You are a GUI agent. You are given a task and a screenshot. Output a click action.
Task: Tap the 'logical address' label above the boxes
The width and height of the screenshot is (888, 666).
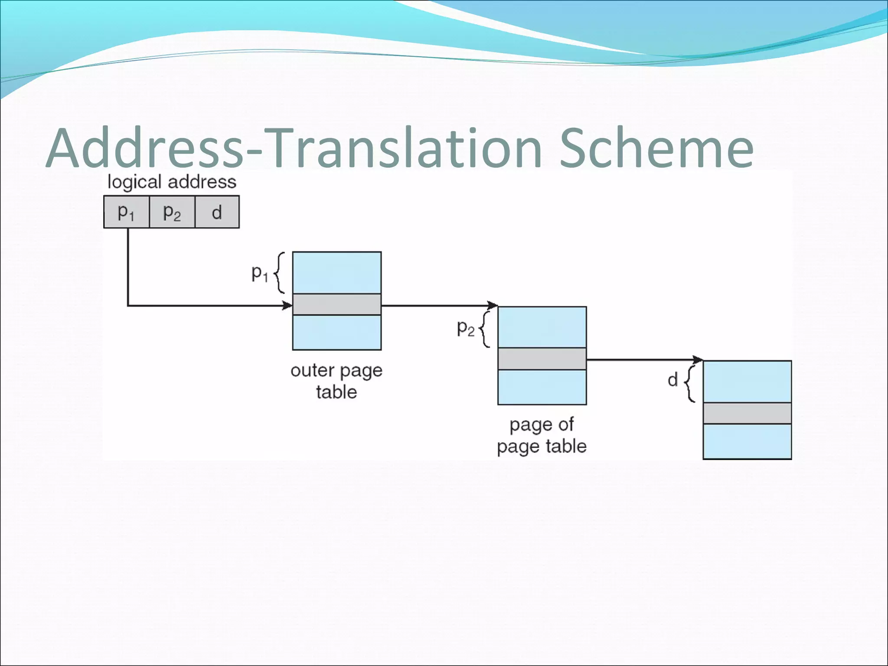[172, 182]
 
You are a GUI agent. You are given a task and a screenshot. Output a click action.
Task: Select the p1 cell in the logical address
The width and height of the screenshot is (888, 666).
[126, 212]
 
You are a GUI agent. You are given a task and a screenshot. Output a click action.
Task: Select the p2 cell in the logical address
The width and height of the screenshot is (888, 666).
[172, 212]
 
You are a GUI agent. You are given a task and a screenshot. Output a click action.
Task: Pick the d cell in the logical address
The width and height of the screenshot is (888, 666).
[217, 212]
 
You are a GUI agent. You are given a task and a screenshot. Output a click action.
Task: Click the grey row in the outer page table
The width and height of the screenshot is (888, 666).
[337, 304]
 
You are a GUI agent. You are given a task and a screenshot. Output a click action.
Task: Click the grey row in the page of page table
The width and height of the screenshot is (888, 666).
[542, 359]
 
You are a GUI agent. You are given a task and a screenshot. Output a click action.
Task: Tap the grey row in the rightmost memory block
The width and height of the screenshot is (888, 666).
[747, 413]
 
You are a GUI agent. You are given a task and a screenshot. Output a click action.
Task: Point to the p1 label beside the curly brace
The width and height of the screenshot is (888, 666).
[260, 274]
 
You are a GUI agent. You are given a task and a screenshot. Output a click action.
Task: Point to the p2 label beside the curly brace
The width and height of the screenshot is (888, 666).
[466, 328]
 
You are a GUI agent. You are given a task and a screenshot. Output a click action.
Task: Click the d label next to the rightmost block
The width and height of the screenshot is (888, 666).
[673, 380]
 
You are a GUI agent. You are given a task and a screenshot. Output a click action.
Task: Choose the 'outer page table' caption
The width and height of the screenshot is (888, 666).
[336, 381]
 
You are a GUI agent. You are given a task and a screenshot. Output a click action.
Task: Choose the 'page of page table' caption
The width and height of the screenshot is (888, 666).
[542, 435]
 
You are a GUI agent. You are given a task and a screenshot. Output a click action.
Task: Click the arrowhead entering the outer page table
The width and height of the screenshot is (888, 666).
[288, 306]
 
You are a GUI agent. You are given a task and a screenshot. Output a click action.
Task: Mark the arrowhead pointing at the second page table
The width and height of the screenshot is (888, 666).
[493, 305]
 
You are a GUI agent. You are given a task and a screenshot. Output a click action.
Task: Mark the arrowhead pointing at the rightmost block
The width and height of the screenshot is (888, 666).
[698, 360]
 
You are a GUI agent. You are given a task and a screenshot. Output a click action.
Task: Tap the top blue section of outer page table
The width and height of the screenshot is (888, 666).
[337, 273]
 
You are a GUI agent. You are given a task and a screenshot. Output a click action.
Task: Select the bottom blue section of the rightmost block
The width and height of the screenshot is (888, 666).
[747, 441]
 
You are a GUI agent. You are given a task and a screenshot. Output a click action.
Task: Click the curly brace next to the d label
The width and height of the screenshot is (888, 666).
[690, 383]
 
